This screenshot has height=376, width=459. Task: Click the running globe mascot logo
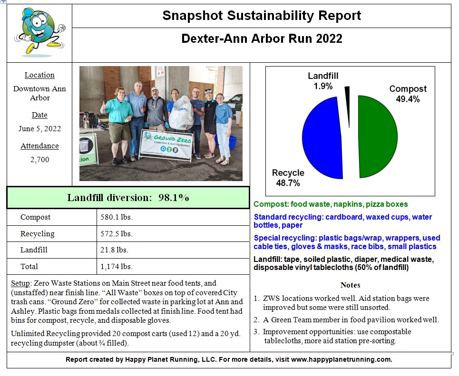[x=39, y=32]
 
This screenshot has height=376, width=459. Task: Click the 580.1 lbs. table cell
[x=116, y=217]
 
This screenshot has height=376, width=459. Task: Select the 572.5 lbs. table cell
[x=116, y=234]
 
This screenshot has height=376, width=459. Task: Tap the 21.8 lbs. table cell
[x=114, y=250]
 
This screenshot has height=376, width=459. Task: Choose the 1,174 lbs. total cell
[x=116, y=267]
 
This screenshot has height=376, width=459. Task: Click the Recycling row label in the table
[x=37, y=234]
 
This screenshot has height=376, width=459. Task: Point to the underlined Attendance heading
[x=39, y=146]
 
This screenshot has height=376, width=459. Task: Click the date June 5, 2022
[x=39, y=129]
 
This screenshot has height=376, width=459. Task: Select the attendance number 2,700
[x=39, y=160]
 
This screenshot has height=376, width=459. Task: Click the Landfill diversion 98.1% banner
[x=128, y=198]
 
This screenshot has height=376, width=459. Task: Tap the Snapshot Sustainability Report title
[x=262, y=16]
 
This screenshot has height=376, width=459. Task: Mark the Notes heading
[x=350, y=285]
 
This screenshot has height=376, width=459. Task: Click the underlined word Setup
[x=20, y=283]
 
